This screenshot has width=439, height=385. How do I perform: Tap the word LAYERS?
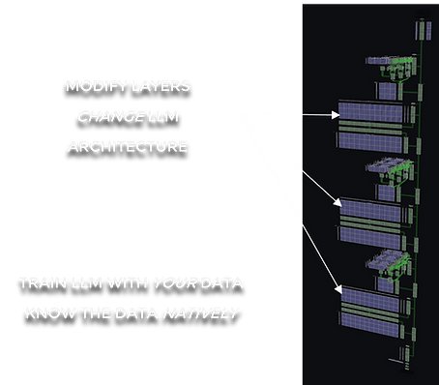pyautogui.click(x=161, y=87)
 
